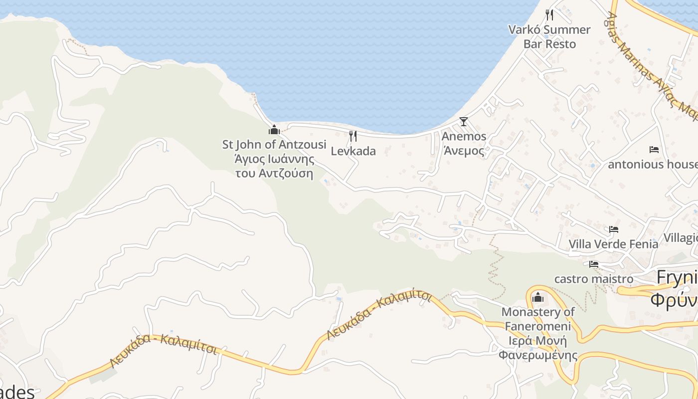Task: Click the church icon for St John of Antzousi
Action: (274, 130)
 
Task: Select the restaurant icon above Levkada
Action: (353, 136)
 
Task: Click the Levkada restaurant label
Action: (353, 151)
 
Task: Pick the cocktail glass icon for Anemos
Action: (464, 121)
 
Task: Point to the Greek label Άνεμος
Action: (464, 151)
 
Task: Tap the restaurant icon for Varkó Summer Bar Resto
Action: (549, 14)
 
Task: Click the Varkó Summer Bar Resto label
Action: (549, 37)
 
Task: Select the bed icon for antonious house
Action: (654, 149)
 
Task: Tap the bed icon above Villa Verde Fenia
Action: (614, 229)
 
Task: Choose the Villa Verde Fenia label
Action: (613, 244)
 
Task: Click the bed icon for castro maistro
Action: (593, 264)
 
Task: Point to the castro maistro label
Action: (593, 279)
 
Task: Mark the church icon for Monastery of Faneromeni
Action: (537, 298)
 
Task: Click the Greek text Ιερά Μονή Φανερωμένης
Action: (537, 348)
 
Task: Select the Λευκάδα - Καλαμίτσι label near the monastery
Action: (379, 314)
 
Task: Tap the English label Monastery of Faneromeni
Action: (537, 319)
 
